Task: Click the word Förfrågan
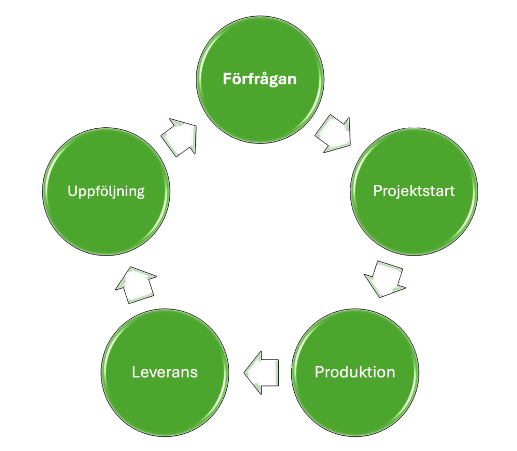(260, 79)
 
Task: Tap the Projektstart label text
(414, 191)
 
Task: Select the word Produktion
(355, 372)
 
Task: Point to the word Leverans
(165, 372)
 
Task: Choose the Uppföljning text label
(106, 191)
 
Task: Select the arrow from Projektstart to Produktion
(385, 278)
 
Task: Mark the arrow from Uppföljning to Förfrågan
(180, 136)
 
